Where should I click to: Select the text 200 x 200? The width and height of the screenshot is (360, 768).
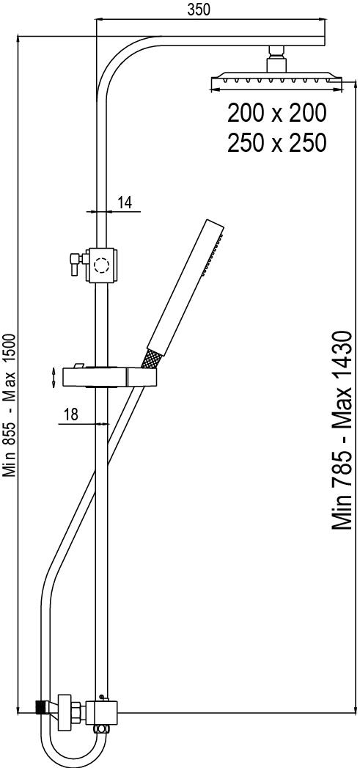click(276, 113)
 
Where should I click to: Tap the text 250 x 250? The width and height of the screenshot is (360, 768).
click(276, 143)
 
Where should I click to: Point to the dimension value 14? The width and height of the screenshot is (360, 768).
click(125, 202)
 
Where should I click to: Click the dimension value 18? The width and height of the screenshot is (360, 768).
click(72, 415)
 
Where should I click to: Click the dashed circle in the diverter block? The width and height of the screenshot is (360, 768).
click(102, 266)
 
